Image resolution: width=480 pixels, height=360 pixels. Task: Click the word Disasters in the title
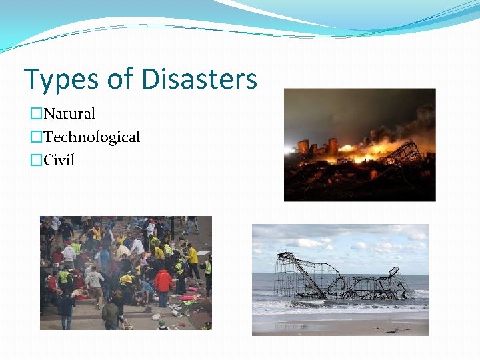pyautogui.click(x=199, y=79)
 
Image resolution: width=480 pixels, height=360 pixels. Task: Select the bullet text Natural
pyautogui.click(x=70, y=114)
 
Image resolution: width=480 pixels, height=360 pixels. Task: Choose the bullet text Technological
pyautogui.click(x=92, y=137)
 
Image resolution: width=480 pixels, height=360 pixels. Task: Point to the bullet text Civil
pyautogui.click(x=59, y=161)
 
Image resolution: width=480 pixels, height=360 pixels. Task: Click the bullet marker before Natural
pyautogui.click(x=36, y=115)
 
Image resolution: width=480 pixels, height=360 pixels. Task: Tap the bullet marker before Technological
pyautogui.click(x=36, y=138)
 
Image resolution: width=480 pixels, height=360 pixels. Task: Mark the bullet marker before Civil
pyautogui.click(x=36, y=161)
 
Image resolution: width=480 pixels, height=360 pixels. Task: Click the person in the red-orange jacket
pyautogui.click(x=163, y=281)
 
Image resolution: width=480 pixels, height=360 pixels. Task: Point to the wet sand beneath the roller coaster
pyautogui.click(x=340, y=323)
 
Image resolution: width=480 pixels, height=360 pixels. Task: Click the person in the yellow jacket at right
pyautogui.click(x=193, y=256)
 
